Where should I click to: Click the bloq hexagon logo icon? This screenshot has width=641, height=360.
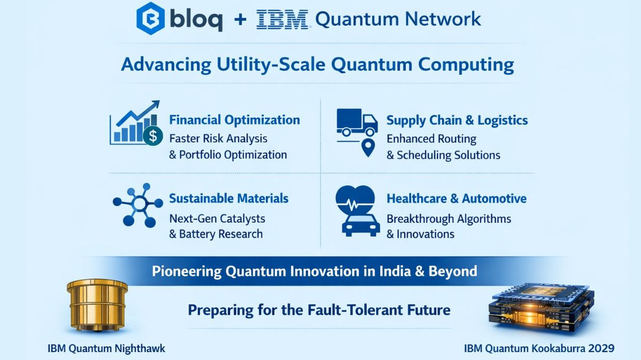[150, 19]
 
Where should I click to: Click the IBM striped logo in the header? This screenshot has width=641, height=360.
[282, 20]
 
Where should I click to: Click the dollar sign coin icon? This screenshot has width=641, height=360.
[153, 136]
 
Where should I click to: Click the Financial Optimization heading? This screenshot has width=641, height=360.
[234, 120]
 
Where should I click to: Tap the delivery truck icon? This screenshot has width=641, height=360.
[356, 122]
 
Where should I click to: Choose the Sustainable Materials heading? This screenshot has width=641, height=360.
[229, 199]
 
